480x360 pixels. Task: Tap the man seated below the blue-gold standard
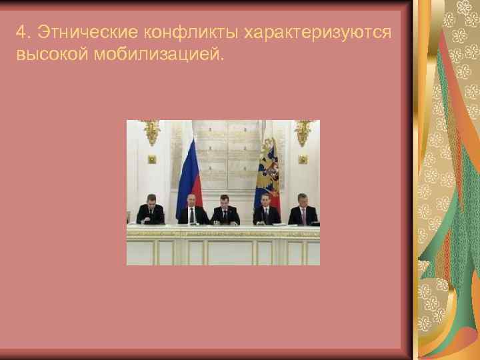[265, 211]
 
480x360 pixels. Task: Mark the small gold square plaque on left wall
[151, 159]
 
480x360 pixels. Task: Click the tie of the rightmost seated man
[303, 217]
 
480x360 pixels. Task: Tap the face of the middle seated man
[225, 203]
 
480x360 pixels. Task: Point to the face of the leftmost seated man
[150, 201]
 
